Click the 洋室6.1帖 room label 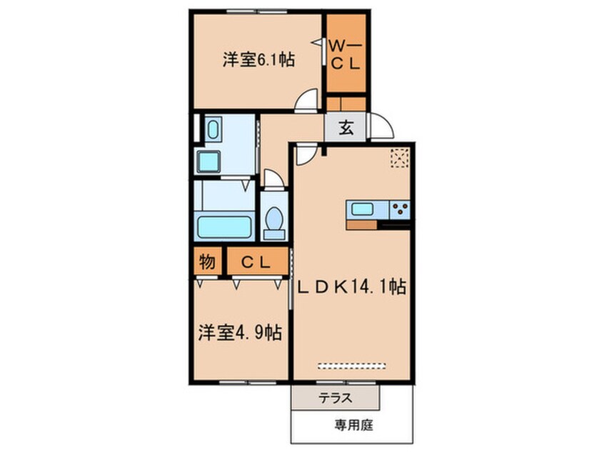(258, 60)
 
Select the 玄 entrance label (345, 129)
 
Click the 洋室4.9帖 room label (239, 332)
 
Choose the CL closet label (256, 262)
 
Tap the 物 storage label (206, 262)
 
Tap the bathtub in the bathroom (223, 227)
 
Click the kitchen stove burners (400, 209)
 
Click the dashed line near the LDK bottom (351, 366)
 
